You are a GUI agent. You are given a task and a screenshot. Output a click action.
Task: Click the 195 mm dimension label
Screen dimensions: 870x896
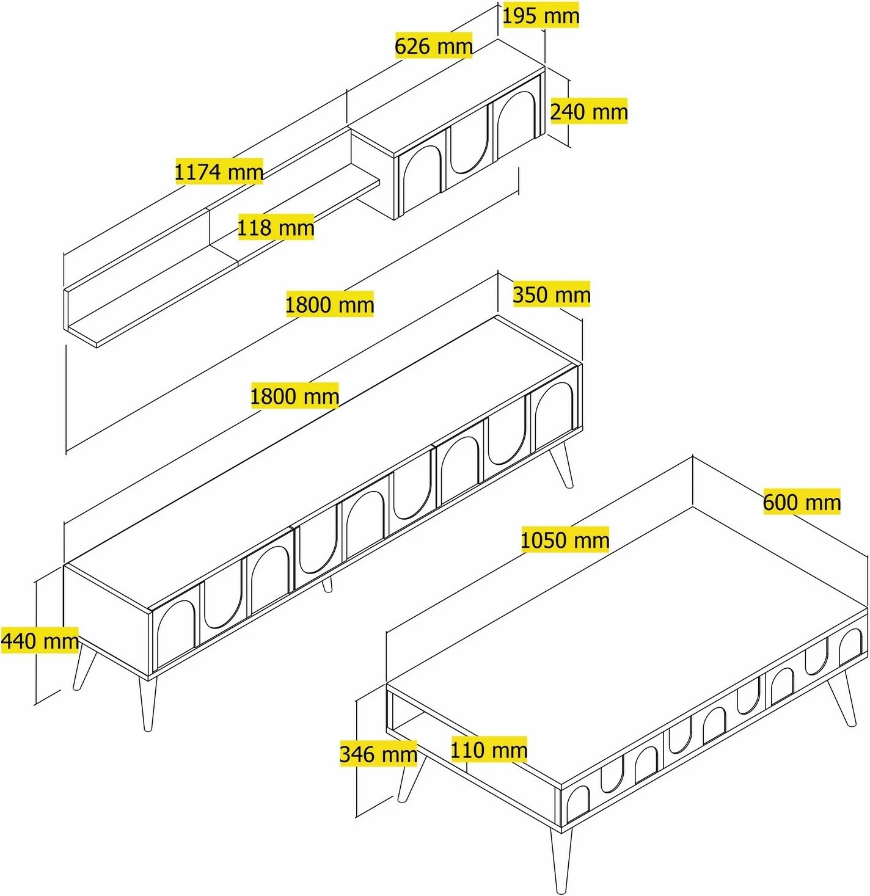coord(541,16)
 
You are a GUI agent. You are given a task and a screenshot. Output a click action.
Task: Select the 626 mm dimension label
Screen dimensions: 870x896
coord(434,46)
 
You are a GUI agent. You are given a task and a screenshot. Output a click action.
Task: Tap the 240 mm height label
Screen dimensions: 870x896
coord(589,111)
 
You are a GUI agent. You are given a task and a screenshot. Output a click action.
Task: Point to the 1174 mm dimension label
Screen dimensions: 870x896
coord(219,171)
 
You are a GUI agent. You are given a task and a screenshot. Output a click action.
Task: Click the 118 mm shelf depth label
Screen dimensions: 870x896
coord(276,227)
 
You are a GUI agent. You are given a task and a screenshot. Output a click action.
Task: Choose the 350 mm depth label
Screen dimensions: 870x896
coord(551,294)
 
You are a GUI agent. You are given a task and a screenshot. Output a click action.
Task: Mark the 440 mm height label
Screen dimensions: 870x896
coord(40,640)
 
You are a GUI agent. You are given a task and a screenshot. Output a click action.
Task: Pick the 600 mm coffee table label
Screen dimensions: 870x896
coord(802,501)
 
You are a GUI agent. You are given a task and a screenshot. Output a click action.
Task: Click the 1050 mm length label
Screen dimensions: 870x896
coord(565,539)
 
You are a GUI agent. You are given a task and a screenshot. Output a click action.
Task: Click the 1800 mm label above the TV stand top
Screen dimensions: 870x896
coord(294,396)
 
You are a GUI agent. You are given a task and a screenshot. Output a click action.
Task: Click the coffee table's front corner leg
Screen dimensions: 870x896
coord(561,860)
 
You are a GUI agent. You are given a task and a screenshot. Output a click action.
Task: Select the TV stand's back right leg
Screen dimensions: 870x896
coord(562,465)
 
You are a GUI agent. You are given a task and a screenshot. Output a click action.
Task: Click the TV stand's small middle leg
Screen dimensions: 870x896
coord(327,585)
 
